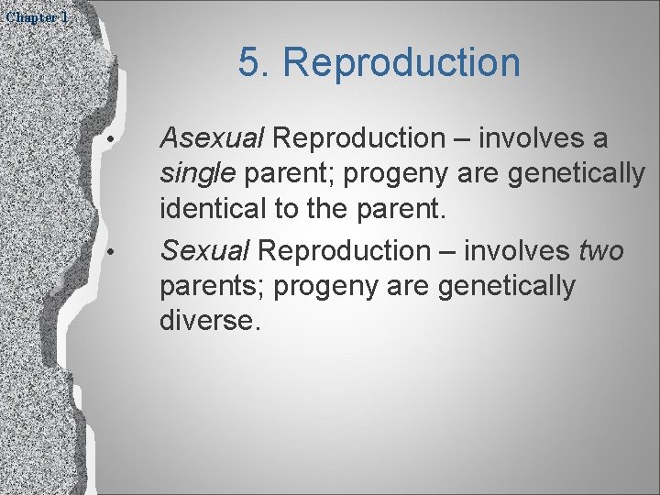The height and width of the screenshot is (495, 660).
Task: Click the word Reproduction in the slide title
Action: (x=401, y=63)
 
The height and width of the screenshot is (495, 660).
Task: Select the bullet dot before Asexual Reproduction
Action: (x=109, y=138)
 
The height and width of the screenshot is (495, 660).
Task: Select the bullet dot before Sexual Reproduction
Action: (x=109, y=250)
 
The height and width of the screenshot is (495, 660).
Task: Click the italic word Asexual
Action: (x=212, y=138)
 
